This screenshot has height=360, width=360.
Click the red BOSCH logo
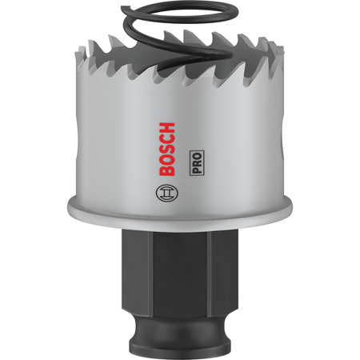click(x=167, y=149)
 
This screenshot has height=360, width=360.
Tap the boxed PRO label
click(x=197, y=163)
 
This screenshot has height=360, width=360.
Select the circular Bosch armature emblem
click(x=167, y=193)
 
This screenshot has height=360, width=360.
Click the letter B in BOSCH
click(x=167, y=170)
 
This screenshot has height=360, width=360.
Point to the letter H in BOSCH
click(x=167, y=128)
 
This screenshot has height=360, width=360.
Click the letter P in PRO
click(x=197, y=170)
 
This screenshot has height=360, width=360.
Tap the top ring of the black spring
click(x=179, y=11)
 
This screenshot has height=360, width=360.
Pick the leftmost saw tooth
click(x=81, y=54)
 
